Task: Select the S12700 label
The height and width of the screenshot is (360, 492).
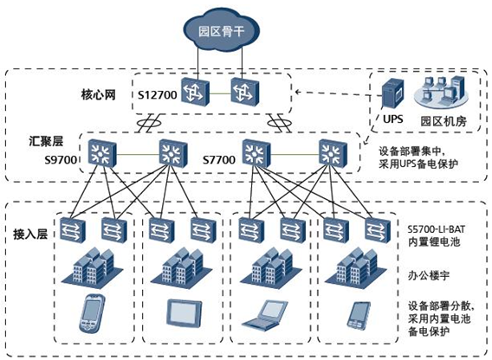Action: click(158, 94)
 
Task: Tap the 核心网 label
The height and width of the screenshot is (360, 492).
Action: click(99, 94)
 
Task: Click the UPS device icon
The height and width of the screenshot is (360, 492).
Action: click(392, 93)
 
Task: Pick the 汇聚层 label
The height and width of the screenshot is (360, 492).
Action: click(46, 141)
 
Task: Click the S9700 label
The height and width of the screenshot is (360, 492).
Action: click(61, 160)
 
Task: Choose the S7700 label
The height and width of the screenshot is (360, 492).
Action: click(219, 160)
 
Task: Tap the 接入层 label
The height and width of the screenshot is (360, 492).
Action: click(30, 234)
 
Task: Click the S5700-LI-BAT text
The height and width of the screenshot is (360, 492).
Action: click(437, 229)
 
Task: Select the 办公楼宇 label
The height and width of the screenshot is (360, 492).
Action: click(428, 276)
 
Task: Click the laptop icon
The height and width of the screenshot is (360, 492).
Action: click(265, 315)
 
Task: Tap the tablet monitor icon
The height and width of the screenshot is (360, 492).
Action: click(184, 312)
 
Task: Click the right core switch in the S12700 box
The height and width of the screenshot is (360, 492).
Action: click(245, 91)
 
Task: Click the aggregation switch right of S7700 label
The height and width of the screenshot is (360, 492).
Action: click(256, 153)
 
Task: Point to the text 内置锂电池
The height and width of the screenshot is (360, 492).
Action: click(434, 241)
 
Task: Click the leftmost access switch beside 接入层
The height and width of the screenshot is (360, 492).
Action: click(73, 230)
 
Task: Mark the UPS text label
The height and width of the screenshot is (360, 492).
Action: click(393, 119)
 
